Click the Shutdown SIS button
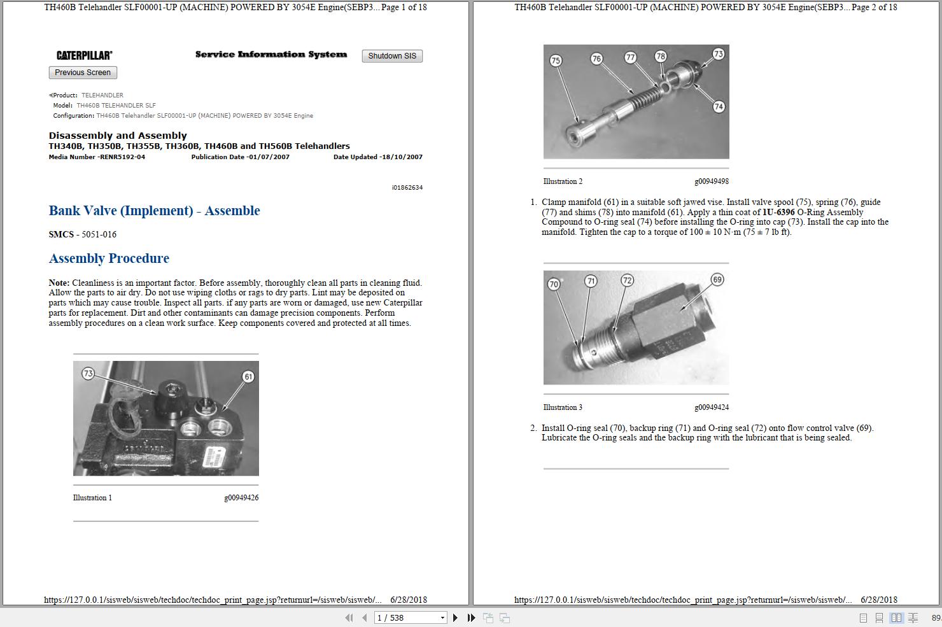pyautogui.click(x=392, y=56)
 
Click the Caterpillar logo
pyautogui.click(x=84, y=55)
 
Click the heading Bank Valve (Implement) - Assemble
pyautogui.click(x=154, y=211)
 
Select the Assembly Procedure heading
pyautogui.click(x=109, y=258)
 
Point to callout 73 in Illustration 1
pyautogui.click(x=88, y=374)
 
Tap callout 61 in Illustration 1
pyautogui.click(x=248, y=376)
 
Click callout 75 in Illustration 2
pyautogui.click(x=556, y=60)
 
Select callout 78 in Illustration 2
pyautogui.click(x=661, y=56)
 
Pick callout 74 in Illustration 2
pyautogui.click(x=719, y=106)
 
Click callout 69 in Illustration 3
pyautogui.click(x=717, y=279)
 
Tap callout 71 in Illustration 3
pyautogui.click(x=591, y=281)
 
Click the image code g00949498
pyautogui.click(x=712, y=181)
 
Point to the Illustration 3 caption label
pyautogui.click(x=563, y=407)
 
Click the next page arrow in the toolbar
pyautogui.click(x=455, y=617)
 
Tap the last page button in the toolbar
pyautogui.click(x=471, y=617)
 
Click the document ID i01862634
pyautogui.click(x=407, y=188)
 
